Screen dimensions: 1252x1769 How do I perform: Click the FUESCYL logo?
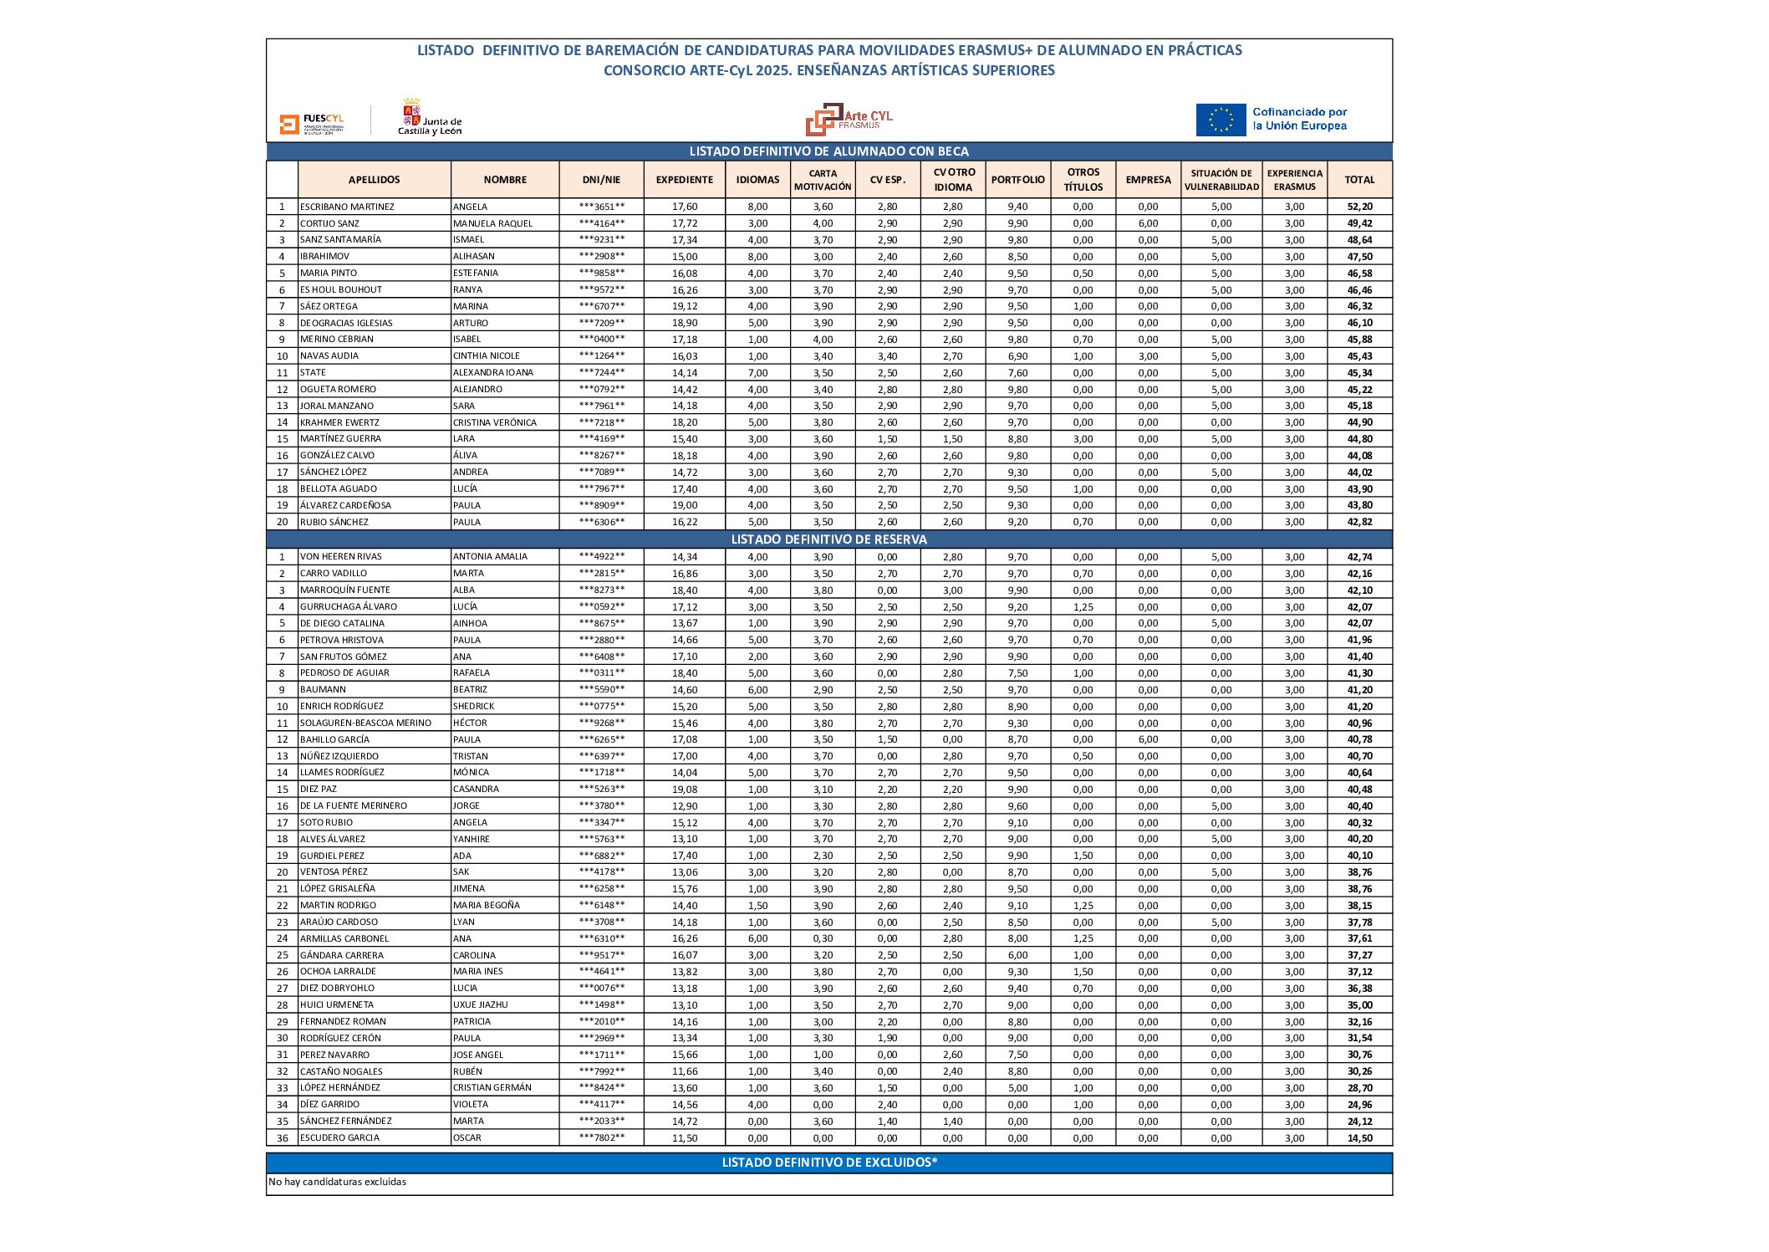point(312,124)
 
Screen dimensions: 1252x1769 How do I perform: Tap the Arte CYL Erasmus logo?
point(848,120)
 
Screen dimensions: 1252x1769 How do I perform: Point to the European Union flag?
point(1221,120)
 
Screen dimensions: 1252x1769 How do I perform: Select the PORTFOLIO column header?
point(1017,180)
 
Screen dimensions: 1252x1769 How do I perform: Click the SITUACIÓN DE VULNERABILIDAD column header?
point(1221,180)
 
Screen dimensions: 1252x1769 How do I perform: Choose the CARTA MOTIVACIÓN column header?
point(823,180)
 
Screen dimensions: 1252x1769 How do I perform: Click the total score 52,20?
point(1359,207)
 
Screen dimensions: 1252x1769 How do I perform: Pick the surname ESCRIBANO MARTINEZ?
point(347,207)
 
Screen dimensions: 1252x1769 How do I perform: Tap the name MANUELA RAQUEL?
point(492,223)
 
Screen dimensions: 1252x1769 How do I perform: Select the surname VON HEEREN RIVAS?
point(341,557)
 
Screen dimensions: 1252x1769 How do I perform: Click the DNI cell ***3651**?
point(601,207)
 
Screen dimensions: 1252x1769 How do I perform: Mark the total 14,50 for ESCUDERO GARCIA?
point(1359,1138)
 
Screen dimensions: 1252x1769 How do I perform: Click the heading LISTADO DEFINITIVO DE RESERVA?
point(828,539)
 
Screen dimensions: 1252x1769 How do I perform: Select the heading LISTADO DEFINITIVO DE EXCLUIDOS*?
point(828,1163)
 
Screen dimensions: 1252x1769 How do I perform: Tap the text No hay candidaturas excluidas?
point(338,1183)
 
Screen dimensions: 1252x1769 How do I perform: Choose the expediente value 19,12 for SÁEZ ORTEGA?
point(684,306)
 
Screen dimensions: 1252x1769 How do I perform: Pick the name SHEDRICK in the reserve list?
point(473,707)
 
